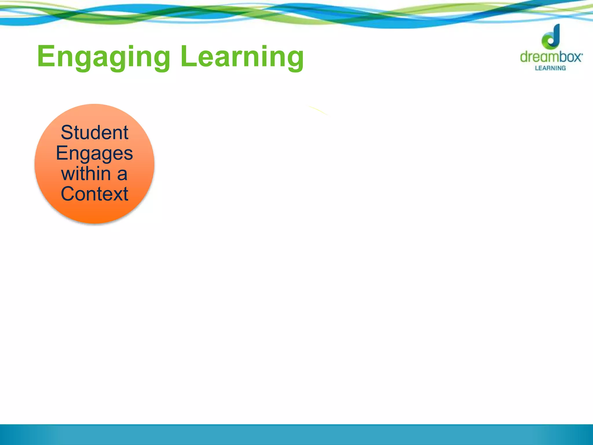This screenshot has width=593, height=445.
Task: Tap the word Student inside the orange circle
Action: pyautogui.click(x=94, y=133)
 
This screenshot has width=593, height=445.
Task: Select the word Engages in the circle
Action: pyautogui.click(x=94, y=154)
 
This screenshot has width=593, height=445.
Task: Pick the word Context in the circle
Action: pyautogui.click(x=94, y=194)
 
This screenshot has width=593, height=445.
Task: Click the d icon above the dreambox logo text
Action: pyautogui.click(x=551, y=37)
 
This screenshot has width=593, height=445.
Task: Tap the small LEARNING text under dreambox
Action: pyautogui.click(x=550, y=68)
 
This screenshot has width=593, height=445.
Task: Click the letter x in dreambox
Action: pyautogui.click(x=576, y=57)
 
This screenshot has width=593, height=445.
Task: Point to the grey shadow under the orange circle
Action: pyautogui.click(x=96, y=224)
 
